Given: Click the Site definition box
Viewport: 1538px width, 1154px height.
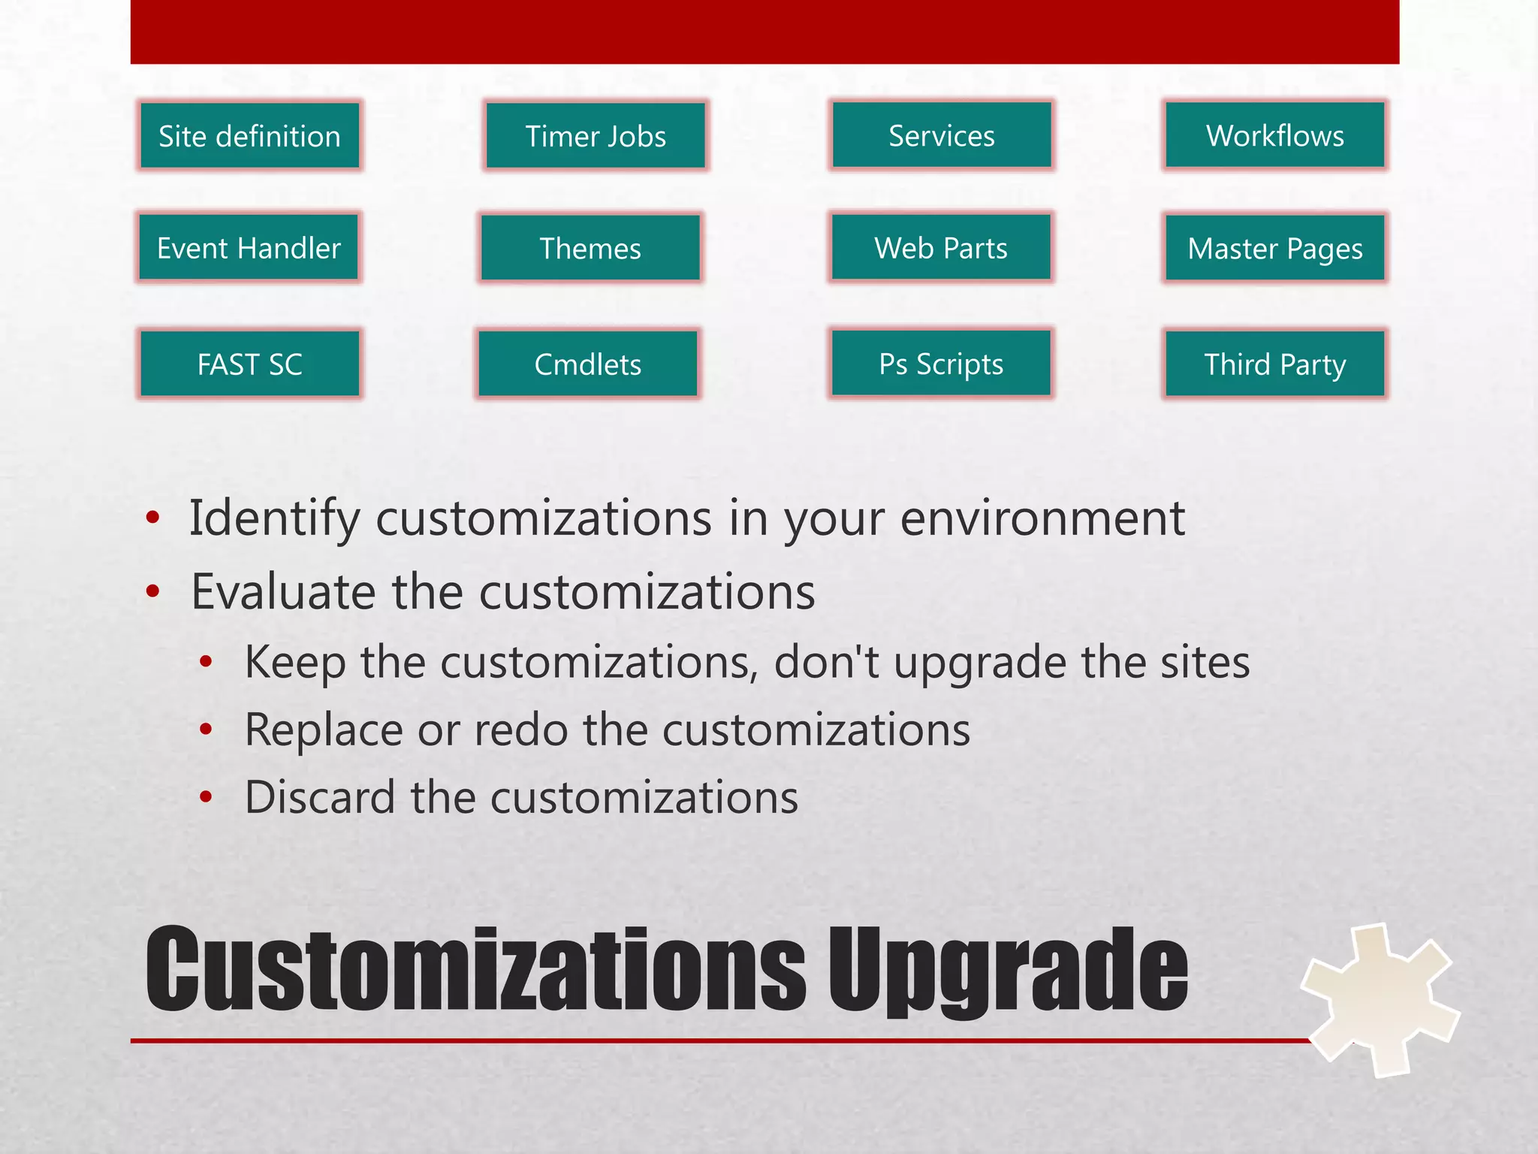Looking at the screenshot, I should (x=249, y=136).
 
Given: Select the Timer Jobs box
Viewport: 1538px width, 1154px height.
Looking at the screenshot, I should (x=596, y=136).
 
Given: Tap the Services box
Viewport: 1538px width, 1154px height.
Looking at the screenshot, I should (x=942, y=135).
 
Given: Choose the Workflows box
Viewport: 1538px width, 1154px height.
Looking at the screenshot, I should (x=1274, y=135).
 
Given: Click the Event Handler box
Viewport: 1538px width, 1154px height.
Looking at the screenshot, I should (x=249, y=248).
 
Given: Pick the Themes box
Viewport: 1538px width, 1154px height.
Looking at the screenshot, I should (x=590, y=248).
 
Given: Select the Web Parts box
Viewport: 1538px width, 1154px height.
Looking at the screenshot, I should (x=941, y=247).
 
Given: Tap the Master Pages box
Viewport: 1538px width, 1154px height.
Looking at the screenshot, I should (x=1274, y=248).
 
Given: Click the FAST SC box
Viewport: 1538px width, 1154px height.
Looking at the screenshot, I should (x=249, y=364).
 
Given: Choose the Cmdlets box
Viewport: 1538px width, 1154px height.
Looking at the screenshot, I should (x=588, y=364).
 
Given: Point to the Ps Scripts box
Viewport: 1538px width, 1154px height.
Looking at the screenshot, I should (x=941, y=363).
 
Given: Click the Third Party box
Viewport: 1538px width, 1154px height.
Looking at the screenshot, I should (x=1274, y=364).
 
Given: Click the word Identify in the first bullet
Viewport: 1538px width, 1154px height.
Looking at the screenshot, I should (x=275, y=518).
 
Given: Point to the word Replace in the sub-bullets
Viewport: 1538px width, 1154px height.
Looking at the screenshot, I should (x=324, y=730).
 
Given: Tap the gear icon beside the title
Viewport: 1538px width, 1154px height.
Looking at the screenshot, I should (x=1380, y=999).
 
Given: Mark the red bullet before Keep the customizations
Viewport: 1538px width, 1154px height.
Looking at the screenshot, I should (x=206, y=662).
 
